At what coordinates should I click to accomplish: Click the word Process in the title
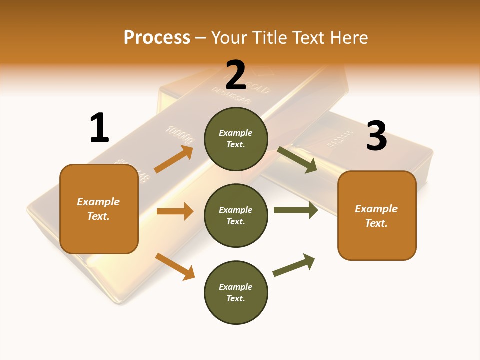coord(157,37)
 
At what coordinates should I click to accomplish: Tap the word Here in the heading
coord(349,37)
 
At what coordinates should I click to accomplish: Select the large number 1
coord(99,128)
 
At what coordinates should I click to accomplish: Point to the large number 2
coord(236,75)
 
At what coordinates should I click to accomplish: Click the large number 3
coord(376,136)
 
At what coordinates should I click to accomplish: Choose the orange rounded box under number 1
coord(99,209)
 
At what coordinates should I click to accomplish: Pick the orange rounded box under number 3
coord(377,215)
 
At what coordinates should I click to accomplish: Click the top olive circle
coord(236,139)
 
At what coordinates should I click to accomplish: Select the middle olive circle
coord(236,215)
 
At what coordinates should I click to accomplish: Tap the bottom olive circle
coord(236,292)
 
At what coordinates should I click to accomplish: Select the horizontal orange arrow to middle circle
coord(175,211)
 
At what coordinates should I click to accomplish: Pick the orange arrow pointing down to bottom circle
coord(175,266)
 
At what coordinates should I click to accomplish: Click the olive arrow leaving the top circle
coord(297,160)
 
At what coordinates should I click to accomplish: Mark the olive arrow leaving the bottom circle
coord(294,265)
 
